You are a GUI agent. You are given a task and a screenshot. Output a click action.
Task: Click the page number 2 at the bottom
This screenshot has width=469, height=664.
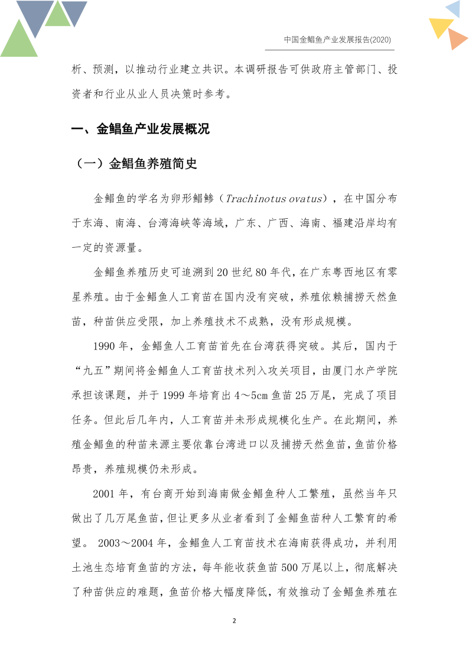click(234, 621)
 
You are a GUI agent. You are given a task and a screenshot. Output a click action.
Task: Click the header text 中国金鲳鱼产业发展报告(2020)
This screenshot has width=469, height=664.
click(337, 40)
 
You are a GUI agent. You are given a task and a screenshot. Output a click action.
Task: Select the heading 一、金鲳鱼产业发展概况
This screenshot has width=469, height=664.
click(140, 129)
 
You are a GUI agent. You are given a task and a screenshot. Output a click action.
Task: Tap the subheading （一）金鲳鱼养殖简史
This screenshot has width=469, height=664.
click(137, 164)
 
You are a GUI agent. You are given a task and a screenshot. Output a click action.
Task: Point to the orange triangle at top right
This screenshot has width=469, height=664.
click(457, 40)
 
